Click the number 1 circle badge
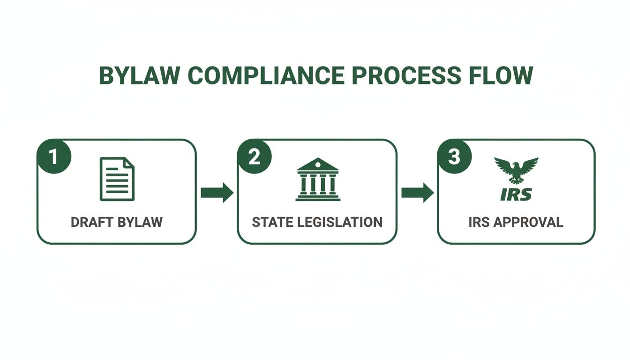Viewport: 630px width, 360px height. (x=54, y=157)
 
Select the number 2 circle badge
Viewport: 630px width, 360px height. (x=254, y=157)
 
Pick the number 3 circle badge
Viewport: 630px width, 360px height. (x=454, y=157)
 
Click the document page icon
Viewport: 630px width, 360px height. (x=117, y=179)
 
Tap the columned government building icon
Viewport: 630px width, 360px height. (x=318, y=180)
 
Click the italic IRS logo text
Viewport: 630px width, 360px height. (x=516, y=194)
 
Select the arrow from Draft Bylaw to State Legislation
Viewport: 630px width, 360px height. (x=217, y=193)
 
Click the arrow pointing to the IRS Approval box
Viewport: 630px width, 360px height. (x=417, y=193)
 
